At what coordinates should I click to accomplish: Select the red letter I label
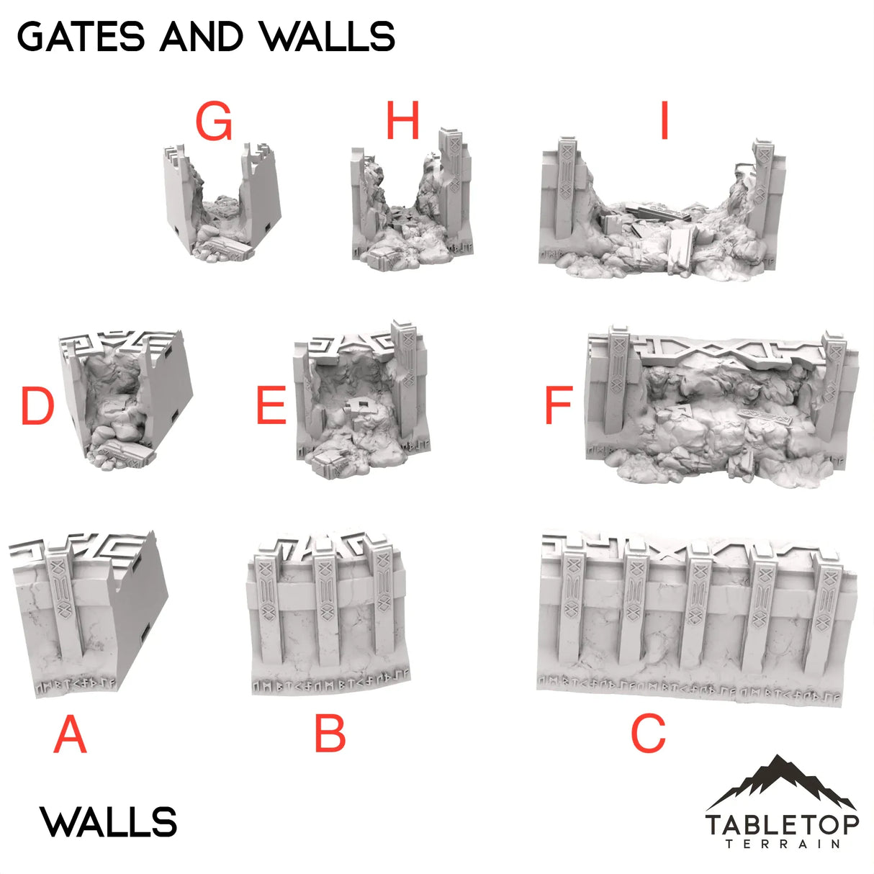[x=664, y=120]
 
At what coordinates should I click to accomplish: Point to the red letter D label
[x=37, y=406]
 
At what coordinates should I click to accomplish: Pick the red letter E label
[x=271, y=405]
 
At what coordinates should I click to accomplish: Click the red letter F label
[x=559, y=405]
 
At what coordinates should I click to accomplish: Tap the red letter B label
[x=330, y=734]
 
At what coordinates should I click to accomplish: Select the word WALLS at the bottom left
[x=109, y=822]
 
